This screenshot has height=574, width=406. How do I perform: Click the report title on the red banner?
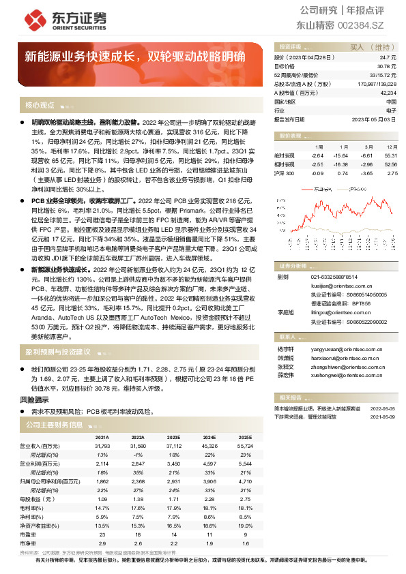135,57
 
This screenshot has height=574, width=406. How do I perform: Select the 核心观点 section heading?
40,106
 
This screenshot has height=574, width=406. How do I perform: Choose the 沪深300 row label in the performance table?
286,173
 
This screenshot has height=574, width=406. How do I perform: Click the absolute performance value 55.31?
391,155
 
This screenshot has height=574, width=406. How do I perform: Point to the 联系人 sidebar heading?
287,337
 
